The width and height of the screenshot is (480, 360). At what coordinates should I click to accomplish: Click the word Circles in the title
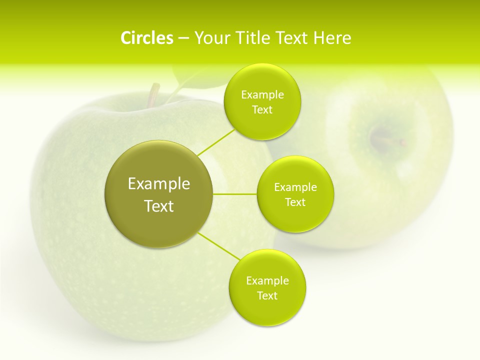point(146,38)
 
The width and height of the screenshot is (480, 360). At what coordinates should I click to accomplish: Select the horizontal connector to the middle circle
point(235,193)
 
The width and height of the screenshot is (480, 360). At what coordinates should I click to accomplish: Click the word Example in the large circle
point(159,184)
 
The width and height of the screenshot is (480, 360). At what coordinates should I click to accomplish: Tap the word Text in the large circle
point(159,206)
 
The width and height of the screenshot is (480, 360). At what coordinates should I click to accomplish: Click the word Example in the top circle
point(262,95)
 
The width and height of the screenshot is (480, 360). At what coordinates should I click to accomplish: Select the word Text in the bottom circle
point(267,295)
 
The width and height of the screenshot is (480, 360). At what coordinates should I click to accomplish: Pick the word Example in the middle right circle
point(295,187)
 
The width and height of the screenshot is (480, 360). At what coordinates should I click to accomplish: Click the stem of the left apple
point(153,94)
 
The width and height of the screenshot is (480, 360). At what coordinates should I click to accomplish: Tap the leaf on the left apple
point(192,80)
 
